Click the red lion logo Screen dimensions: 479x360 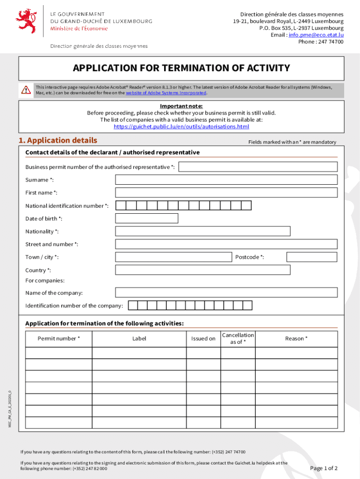(26, 21)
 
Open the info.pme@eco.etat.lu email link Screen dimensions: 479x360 (316, 35)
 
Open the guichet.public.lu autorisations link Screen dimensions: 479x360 (181, 126)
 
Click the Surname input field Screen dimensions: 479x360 (226, 180)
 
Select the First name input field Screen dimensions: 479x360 (226, 193)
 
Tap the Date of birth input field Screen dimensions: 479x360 (146, 218)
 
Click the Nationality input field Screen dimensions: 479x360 (202, 231)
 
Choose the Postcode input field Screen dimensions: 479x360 (311, 257)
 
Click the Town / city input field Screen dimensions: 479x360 (173, 257)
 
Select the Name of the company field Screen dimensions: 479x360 (226, 292)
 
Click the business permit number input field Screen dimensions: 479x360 (258, 167)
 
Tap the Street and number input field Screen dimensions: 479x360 (226, 244)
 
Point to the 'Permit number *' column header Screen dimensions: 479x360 (59, 339)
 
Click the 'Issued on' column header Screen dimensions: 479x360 (203, 339)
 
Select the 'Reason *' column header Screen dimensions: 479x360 (296, 339)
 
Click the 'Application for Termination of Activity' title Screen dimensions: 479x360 (181, 68)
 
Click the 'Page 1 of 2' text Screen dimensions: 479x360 (324, 468)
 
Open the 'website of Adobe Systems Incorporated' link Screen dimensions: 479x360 (166, 93)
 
